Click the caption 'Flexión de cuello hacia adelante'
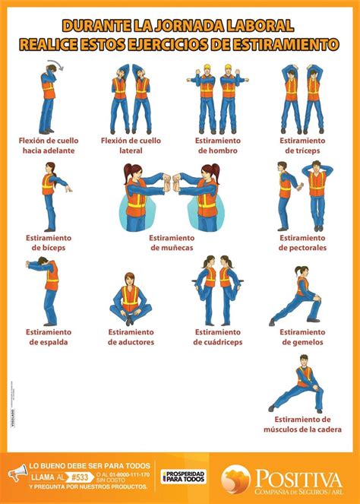pos(47,145)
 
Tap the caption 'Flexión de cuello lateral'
pos(131,145)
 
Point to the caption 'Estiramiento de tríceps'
pos(302,145)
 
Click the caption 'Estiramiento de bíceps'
pos(47,242)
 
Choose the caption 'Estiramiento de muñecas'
pos(172,242)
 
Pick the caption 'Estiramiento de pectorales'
pos(302,242)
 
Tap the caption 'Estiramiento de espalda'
pos(47,337)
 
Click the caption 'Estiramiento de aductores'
pos(131,337)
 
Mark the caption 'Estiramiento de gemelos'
pos(302,337)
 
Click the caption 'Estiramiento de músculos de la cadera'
pos(302,425)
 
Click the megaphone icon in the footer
pos(17,474)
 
